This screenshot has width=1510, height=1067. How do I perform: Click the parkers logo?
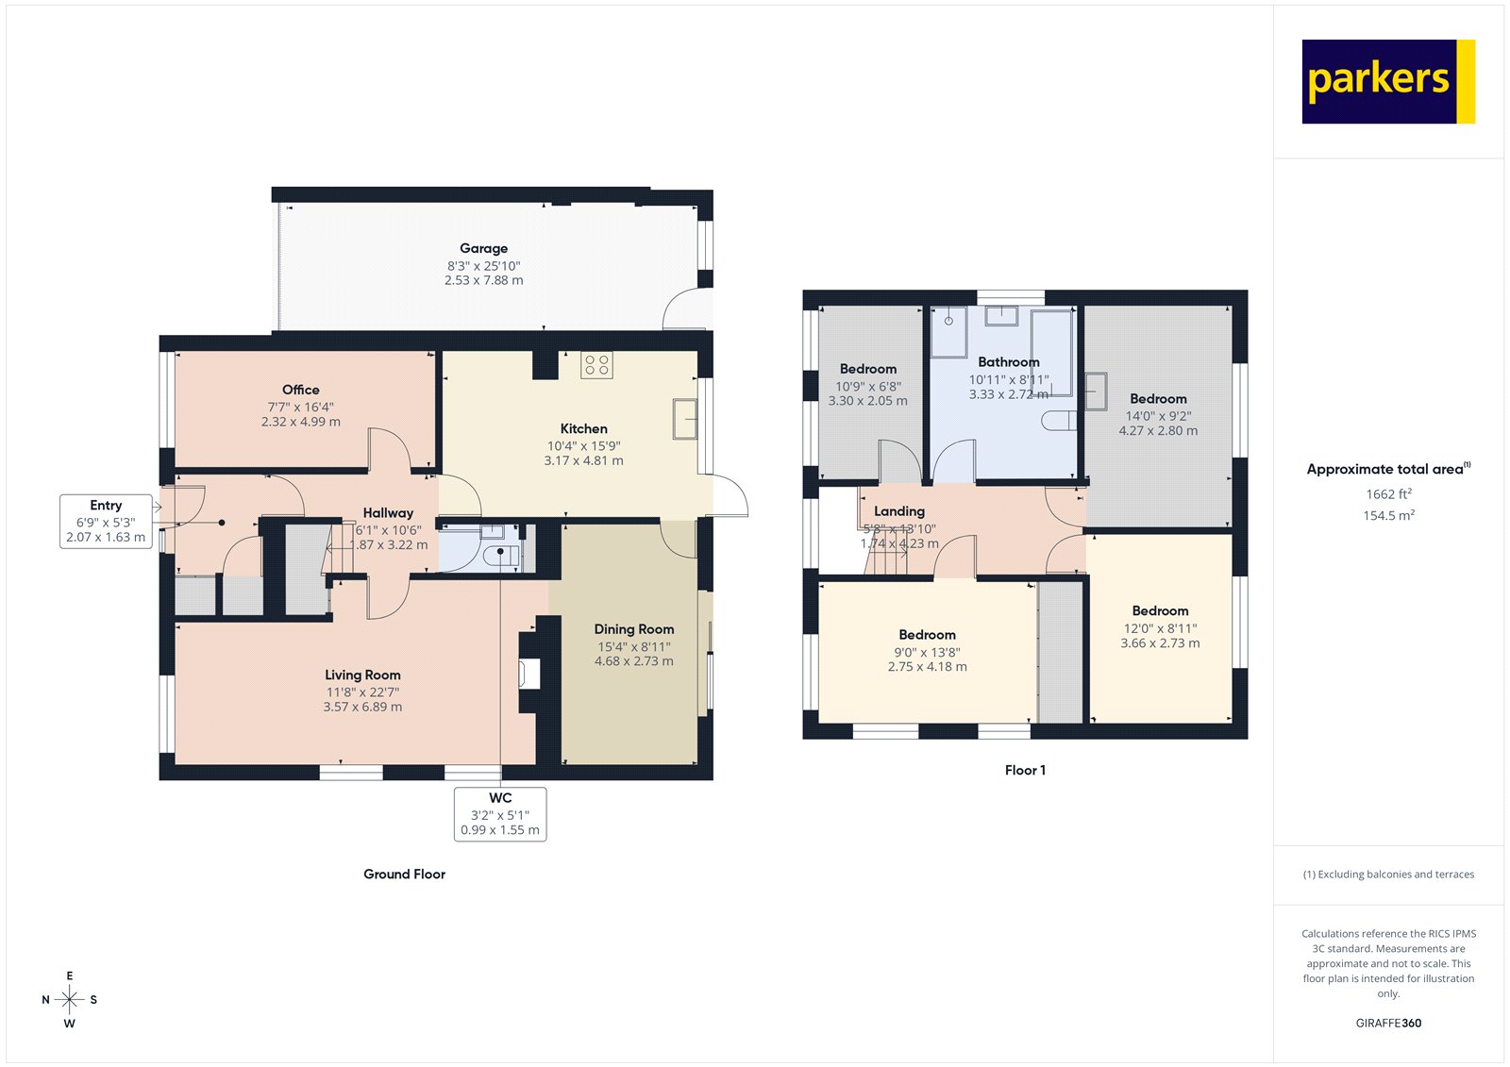pyautogui.click(x=1387, y=81)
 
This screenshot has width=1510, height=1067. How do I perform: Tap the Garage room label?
pyautogui.click(x=483, y=249)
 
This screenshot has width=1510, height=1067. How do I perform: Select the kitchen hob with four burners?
pyautogui.click(x=596, y=364)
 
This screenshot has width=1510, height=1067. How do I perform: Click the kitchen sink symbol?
pyautogui.click(x=685, y=419)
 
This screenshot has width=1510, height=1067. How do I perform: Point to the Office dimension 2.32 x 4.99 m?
pyautogui.click(x=301, y=422)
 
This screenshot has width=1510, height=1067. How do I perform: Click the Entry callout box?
pyautogui.click(x=106, y=522)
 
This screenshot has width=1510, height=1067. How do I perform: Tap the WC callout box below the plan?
pyautogui.click(x=500, y=814)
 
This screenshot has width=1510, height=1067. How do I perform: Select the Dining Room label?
pyautogui.click(x=634, y=629)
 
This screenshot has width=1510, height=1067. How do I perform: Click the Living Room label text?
pyautogui.click(x=362, y=675)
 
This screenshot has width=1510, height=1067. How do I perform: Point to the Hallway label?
pyautogui.click(x=388, y=513)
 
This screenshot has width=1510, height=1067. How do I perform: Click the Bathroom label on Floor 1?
pyautogui.click(x=1008, y=362)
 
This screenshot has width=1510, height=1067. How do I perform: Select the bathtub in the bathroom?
pyautogui.click(x=1051, y=352)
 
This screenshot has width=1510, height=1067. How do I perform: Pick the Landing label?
pyautogui.click(x=898, y=511)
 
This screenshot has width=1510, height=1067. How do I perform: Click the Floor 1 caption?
pyautogui.click(x=1025, y=771)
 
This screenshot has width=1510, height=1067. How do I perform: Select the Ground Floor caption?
pyautogui.click(x=404, y=875)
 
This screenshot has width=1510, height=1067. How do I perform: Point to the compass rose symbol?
pyautogui.click(x=69, y=999)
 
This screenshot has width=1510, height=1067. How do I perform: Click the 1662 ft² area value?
pyautogui.click(x=1388, y=494)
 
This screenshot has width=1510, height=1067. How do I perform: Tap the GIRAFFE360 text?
pyautogui.click(x=1388, y=1023)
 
